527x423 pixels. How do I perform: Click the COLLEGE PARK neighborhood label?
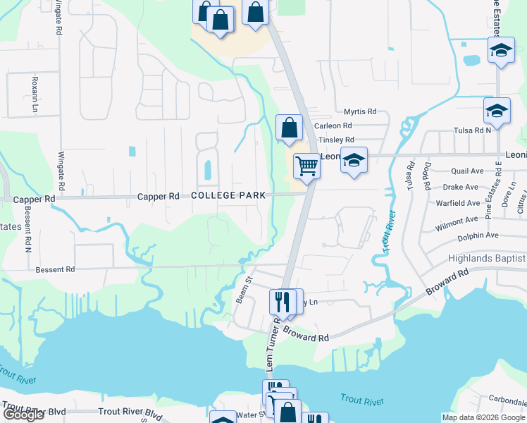pyautogui.click(x=228, y=195)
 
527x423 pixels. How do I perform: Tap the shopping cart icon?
pyautogui.click(x=306, y=166)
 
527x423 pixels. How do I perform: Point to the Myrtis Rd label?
pyautogui.click(x=360, y=111)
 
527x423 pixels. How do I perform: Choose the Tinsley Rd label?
pyautogui.click(x=336, y=140)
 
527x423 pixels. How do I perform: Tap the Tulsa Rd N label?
pyautogui.click(x=473, y=130)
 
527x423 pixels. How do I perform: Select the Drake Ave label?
pyautogui.click(x=462, y=187)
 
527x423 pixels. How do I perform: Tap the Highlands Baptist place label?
pyautogui.click(x=487, y=259)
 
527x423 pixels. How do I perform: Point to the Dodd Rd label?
pyautogui.click(x=426, y=177)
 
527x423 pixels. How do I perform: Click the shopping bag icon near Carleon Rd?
pyautogui.click(x=289, y=128)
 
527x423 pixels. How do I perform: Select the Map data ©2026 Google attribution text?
pyautogui.click(x=483, y=417)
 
